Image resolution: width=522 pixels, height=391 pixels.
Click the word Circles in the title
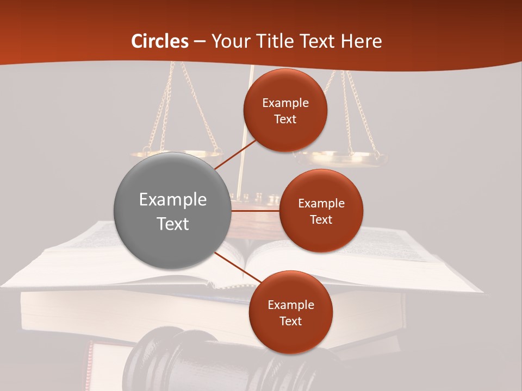159,41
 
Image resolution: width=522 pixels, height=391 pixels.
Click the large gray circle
172,211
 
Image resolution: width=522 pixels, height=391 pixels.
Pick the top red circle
285,110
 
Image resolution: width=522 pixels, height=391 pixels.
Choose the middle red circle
321,211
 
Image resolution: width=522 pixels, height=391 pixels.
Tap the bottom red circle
290,312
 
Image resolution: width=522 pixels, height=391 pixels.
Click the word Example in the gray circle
172,200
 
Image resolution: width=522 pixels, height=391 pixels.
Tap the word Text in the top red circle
285,119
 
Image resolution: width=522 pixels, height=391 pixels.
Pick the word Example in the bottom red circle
290,305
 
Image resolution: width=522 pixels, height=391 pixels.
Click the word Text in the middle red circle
321,220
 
